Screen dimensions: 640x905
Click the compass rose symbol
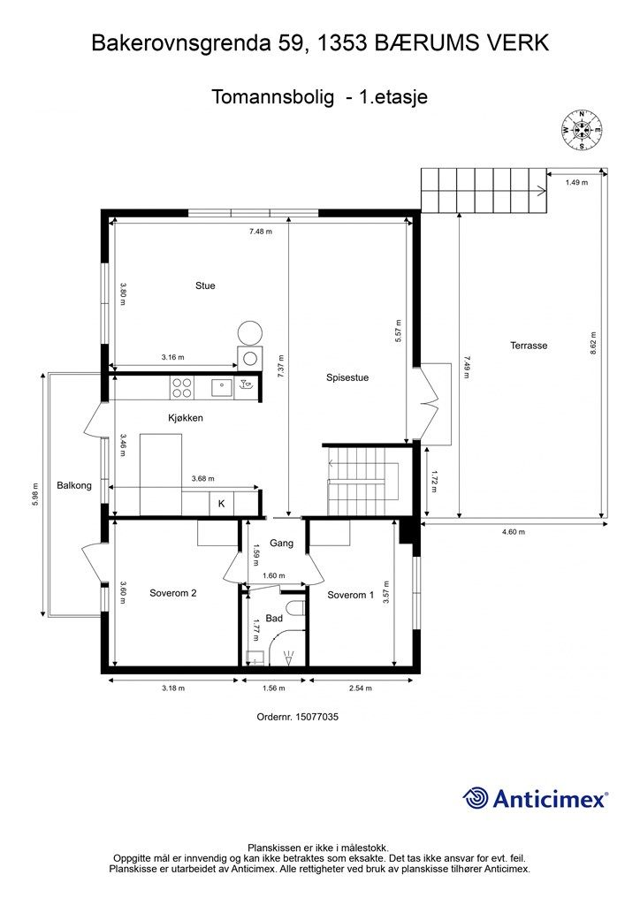[x=583, y=130]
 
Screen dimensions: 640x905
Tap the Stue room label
[x=205, y=285]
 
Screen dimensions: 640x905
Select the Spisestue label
[x=347, y=378]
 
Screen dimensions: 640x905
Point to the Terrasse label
[x=529, y=346]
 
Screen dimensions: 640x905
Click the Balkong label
[x=74, y=485]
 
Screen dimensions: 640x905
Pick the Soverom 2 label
[x=173, y=593]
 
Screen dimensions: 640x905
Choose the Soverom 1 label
[x=350, y=595]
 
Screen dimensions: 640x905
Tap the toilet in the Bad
[x=296, y=610]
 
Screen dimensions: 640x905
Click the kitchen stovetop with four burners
[x=182, y=387]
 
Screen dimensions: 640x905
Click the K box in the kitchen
[x=222, y=504]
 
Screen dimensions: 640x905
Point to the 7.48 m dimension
[x=261, y=232]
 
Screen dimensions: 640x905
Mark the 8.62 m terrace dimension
[x=593, y=343]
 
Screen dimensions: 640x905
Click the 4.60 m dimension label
[x=513, y=532]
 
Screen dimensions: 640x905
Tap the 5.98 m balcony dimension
[x=35, y=495]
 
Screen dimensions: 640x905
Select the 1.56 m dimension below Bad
[x=273, y=688]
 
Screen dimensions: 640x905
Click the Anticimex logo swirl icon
[x=476, y=798]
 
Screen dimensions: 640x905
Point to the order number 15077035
[x=316, y=718]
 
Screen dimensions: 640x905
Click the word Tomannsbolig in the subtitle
[x=272, y=96]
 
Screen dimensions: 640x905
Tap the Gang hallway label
[x=282, y=544]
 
